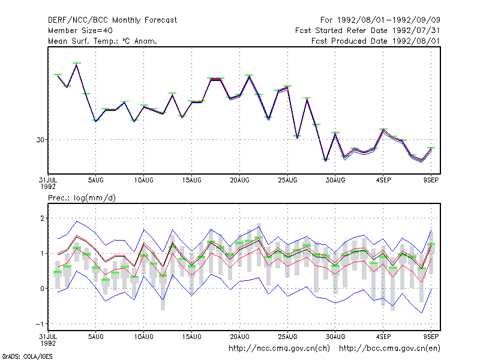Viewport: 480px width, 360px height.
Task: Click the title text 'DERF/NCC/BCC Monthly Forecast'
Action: pyautogui.click(x=112, y=20)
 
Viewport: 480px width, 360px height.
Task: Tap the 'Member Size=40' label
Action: pyautogui.click(x=80, y=31)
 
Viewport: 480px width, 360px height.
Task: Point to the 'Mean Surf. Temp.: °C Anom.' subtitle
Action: pyautogui.click(x=103, y=41)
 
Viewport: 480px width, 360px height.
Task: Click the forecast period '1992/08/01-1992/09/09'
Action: pyautogui.click(x=389, y=20)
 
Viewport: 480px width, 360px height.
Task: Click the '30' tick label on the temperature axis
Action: pyautogui.click(x=40, y=140)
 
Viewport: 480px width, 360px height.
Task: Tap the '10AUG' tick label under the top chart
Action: pyautogui.click(x=143, y=181)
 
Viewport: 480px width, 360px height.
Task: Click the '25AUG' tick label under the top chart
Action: pyautogui.click(x=287, y=181)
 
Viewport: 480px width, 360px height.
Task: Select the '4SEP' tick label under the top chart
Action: pyautogui.click(x=383, y=181)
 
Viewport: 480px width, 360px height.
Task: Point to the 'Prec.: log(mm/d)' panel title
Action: pyautogui.click(x=82, y=198)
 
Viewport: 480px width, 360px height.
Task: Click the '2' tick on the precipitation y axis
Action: pyautogui.click(x=42, y=218)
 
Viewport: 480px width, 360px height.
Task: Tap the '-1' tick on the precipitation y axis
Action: pyautogui.click(x=40, y=324)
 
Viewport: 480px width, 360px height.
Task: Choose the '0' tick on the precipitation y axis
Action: pyautogui.click(x=42, y=289)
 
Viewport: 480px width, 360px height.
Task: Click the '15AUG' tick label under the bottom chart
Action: pyautogui.click(x=191, y=337)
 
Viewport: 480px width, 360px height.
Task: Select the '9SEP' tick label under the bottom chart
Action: pyautogui.click(x=431, y=337)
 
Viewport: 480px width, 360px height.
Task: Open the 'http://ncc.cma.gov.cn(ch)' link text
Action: pyautogui.click(x=279, y=349)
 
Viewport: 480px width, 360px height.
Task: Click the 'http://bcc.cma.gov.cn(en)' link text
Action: pyautogui.click(x=389, y=349)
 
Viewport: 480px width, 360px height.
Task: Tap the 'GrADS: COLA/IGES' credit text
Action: pyautogui.click(x=27, y=356)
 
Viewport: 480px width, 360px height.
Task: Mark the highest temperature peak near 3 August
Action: pyautogui.click(x=77, y=64)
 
